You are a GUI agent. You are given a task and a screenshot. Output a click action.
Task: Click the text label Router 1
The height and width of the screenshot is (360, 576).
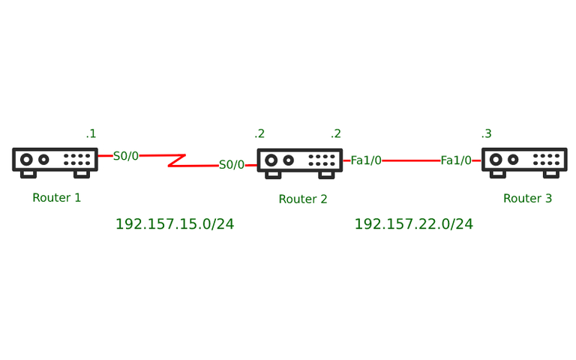click(x=56, y=198)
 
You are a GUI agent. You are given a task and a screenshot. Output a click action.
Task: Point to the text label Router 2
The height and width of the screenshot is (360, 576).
click(x=303, y=199)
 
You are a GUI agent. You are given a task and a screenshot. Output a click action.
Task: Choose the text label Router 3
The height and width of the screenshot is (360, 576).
click(x=527, y=198)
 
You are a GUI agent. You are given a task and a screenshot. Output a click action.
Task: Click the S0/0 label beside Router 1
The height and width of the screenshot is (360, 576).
click(x=126, y=156)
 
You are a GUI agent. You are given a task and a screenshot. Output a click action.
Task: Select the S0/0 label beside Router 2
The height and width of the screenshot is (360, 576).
click(x=232, y=164)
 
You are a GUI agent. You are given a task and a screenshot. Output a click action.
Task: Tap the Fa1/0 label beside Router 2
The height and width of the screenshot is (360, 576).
click(x=366, y=160)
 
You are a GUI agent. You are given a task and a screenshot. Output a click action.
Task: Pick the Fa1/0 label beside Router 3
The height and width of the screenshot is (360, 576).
click(x=456, y=160)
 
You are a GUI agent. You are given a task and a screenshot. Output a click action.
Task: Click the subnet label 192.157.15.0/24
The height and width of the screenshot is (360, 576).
click(x=175, y=224)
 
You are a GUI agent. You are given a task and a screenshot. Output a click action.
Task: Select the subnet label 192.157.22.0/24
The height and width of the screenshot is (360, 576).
click(x=414, y=224)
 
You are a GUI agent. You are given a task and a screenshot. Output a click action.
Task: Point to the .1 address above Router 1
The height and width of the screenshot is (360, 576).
click(x=91, y=133)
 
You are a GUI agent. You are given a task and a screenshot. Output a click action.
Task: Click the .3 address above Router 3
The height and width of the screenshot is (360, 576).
click(x=486, y=133)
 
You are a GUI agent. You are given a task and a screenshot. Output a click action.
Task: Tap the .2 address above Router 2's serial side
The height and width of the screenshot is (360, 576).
click(x=259, y=133)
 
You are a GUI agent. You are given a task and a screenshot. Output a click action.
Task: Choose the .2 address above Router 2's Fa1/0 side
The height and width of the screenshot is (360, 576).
click(x=336, y=133)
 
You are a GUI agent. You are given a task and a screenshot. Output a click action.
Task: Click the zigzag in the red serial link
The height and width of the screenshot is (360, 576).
click(x=177, y=160)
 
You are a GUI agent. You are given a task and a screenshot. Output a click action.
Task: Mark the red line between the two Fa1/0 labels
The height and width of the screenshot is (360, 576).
click(x=411, y=160)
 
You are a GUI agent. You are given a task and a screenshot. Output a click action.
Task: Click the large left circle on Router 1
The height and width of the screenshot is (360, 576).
click(x=26, y=160)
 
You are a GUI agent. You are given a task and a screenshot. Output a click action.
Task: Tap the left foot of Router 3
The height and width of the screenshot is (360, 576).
click(x=498, y=175)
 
